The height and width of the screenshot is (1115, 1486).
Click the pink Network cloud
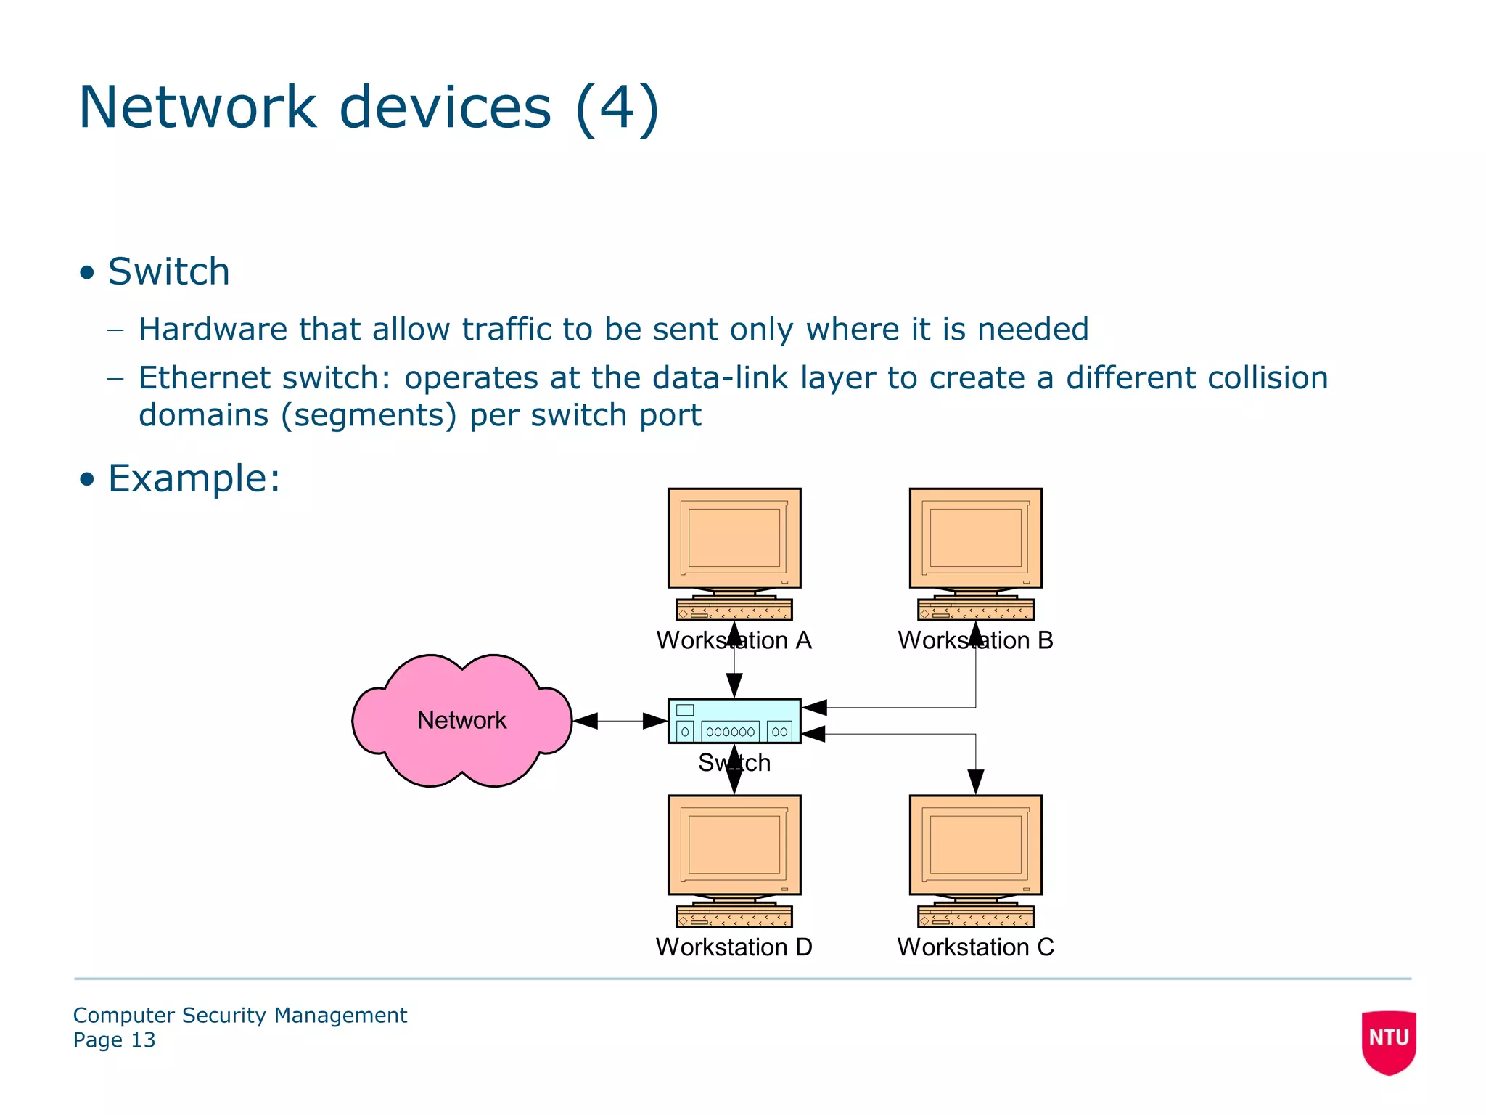[461, 720]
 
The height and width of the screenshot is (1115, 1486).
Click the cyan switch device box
[734, 721]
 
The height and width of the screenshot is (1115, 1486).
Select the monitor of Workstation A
[734, 538]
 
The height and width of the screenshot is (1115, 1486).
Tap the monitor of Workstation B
[975, 538]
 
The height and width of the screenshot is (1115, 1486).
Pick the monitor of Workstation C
[975, 845]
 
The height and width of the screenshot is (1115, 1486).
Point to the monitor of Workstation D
[734, 845]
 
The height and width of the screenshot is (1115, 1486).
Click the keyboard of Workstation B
[975, 610]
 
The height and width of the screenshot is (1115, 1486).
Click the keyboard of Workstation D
[734, 917]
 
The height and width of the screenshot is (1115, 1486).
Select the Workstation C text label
[975, 947]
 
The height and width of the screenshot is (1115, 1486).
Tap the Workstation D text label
[734, 947]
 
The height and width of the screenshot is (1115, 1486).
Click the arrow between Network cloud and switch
[620, 721]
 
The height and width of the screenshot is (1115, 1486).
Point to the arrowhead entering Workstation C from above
[975, 783]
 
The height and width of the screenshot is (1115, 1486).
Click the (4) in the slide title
[617, 107]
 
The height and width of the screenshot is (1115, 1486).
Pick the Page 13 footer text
[114, 1040]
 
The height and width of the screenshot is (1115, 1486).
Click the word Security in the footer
[223, 1015]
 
